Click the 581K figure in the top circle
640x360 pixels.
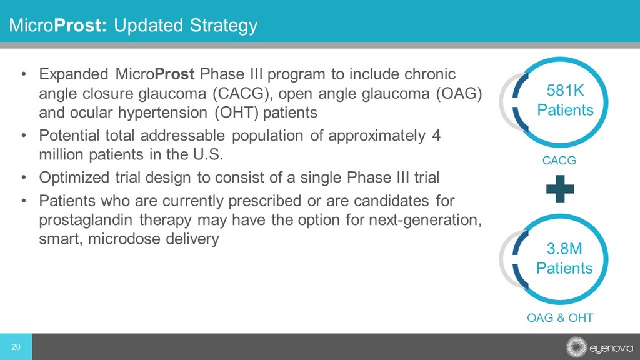[565, 90]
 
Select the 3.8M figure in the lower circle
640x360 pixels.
[564, 249]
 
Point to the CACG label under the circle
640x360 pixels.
[559, 161]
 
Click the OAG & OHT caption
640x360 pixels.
[560, 317]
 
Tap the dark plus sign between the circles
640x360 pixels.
[560, 189]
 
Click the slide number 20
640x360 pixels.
[16, 347]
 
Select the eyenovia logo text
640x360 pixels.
[611, 348]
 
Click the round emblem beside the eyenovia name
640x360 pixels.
[576, 347]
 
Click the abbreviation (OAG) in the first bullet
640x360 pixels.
[459, 94]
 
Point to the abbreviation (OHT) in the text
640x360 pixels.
[237, 112]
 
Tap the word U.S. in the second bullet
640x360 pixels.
[207, 155]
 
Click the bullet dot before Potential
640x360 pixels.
[24, 135]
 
